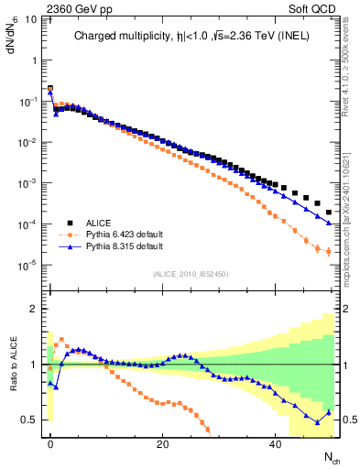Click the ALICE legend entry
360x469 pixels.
click(100, 223)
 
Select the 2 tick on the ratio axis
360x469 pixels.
click(32, 309)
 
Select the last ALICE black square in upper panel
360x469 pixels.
click(328, 212)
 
